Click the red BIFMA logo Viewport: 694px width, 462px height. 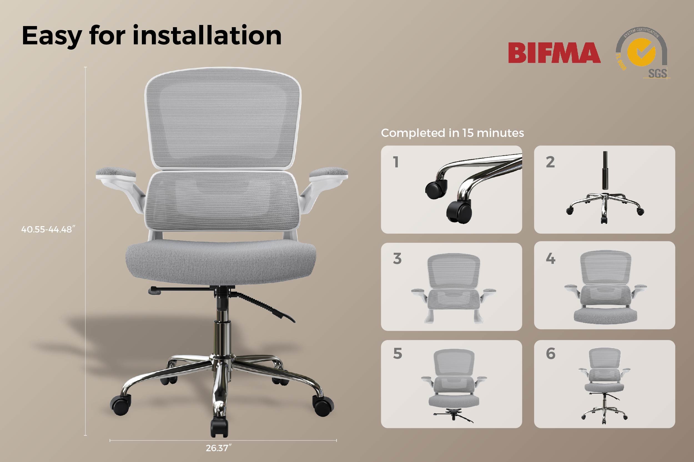coord(554,53)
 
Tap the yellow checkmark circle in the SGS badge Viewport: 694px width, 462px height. coord(641,52)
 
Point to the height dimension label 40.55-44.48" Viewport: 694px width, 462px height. coord(48,229)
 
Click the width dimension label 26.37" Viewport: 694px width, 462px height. coord(218,448)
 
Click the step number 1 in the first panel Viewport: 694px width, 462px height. coord(396,162)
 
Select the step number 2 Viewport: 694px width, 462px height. coord(550,162)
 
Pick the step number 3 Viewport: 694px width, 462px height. coord(397,259)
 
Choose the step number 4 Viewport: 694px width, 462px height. coord(550,258)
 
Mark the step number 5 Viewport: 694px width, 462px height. coord(398,353)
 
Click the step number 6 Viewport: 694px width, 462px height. coord(550,353)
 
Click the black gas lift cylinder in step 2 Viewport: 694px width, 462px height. coord(605,171)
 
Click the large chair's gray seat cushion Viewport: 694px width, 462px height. coord(221,262)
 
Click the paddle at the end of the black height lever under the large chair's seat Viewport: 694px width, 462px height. coord(155,291)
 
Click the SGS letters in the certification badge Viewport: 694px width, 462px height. coord(657,73)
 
